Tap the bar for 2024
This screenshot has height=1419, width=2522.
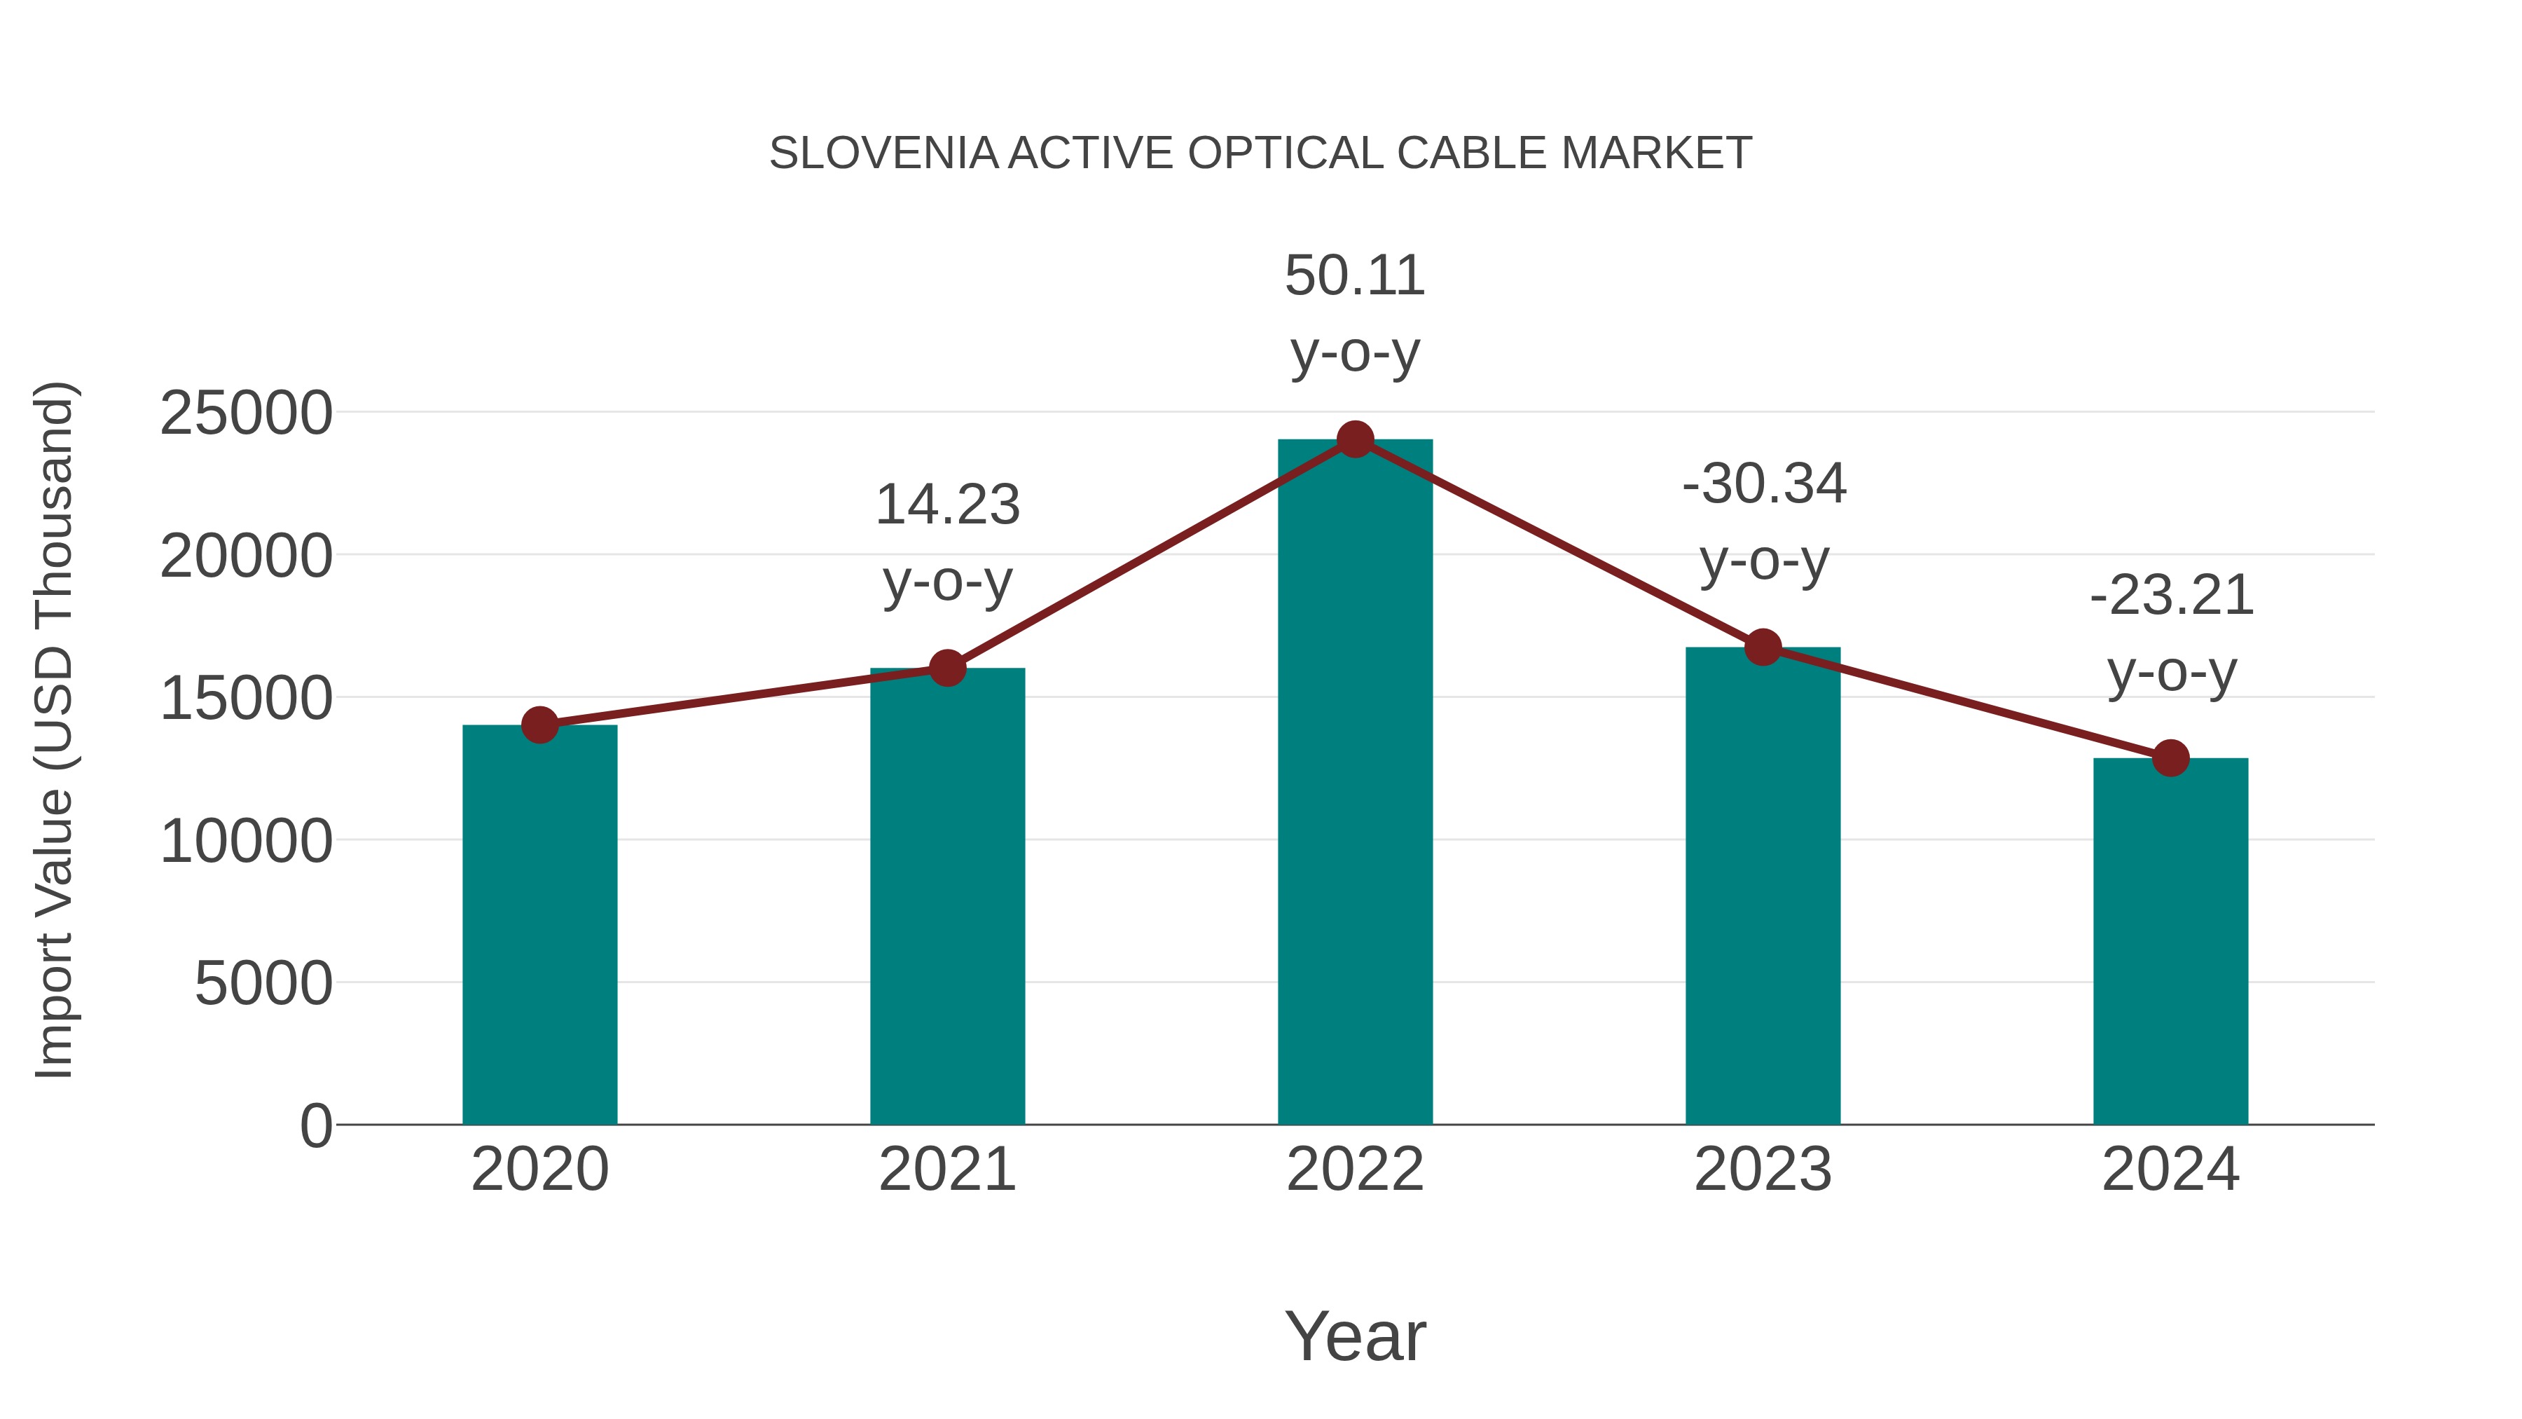pyautogui.click(x=2170, y=940)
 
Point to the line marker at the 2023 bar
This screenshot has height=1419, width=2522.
pyautogui.click(x=1763, y=647)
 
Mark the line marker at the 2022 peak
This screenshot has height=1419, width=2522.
pyautogui.click(x=1355, y=439)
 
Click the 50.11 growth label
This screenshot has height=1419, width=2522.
pyautogui.click(x=1355, y=276)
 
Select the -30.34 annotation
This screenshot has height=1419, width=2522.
pyautogui.click(x=1763, y=485)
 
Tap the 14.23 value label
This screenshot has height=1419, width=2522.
pyautogui.click(x=946, y=505)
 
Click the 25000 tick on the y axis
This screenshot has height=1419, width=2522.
pyautogui.click(x=246, y=413)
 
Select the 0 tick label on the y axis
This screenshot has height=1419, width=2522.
pyautogui.click(x=315, y=1125)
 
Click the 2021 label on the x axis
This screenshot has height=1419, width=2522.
pyautogui.click(x=946, y=1170)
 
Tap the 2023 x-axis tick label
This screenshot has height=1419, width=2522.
pyautogui.click(x=1763, y=1170)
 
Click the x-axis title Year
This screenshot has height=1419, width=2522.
pyautogui.click(x=1355, y=1336)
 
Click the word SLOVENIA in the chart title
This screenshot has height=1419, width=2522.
pyautogui.click(x=883, y=153)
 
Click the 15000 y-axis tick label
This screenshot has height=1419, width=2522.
pyautogui.click(x=246, y=699)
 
